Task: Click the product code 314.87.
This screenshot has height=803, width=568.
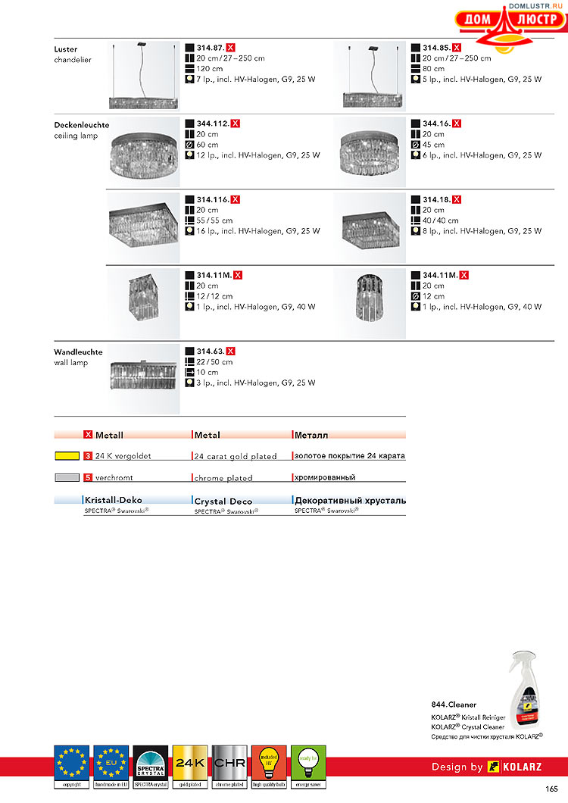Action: (x=211, y=48)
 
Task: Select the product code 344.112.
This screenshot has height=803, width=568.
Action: (x=213, y=123)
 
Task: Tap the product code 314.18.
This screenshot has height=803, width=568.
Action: (x=437, y=200)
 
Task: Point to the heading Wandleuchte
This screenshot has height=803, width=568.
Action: (x=78, y=352)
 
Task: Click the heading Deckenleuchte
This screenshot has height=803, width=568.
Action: (x=82, y=125)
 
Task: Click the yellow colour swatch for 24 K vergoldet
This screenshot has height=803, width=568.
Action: (x=67, y=457)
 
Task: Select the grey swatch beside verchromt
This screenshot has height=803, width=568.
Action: (x=67, y=478)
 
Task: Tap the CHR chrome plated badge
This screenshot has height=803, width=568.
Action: (x=229, y=765)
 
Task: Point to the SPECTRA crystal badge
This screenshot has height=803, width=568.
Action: (x=150, y=765)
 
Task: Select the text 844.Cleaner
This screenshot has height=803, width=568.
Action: (x=454, y=705)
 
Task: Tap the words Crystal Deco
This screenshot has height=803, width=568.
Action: (x=223, y=501)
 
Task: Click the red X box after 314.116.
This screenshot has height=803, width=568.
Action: (x=236, y=199)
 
